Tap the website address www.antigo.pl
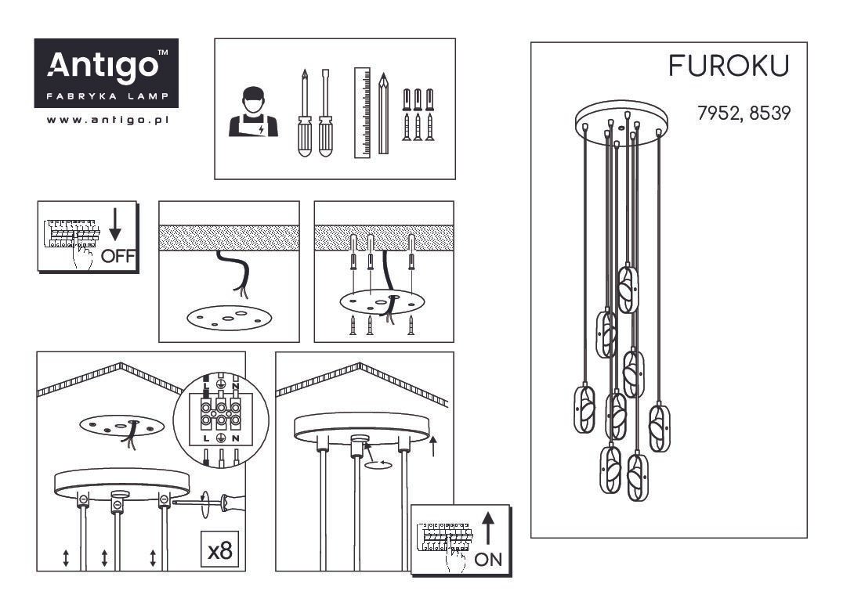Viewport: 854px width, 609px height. (107, 120)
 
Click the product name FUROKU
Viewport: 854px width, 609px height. (729, 67)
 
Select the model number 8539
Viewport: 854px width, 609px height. (769, 113)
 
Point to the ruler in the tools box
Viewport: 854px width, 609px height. (362, 113)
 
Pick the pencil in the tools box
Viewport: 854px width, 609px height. (383, 114)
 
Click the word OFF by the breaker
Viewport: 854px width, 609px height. (118, 256)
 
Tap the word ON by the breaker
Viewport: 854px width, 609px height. (488, 559)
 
